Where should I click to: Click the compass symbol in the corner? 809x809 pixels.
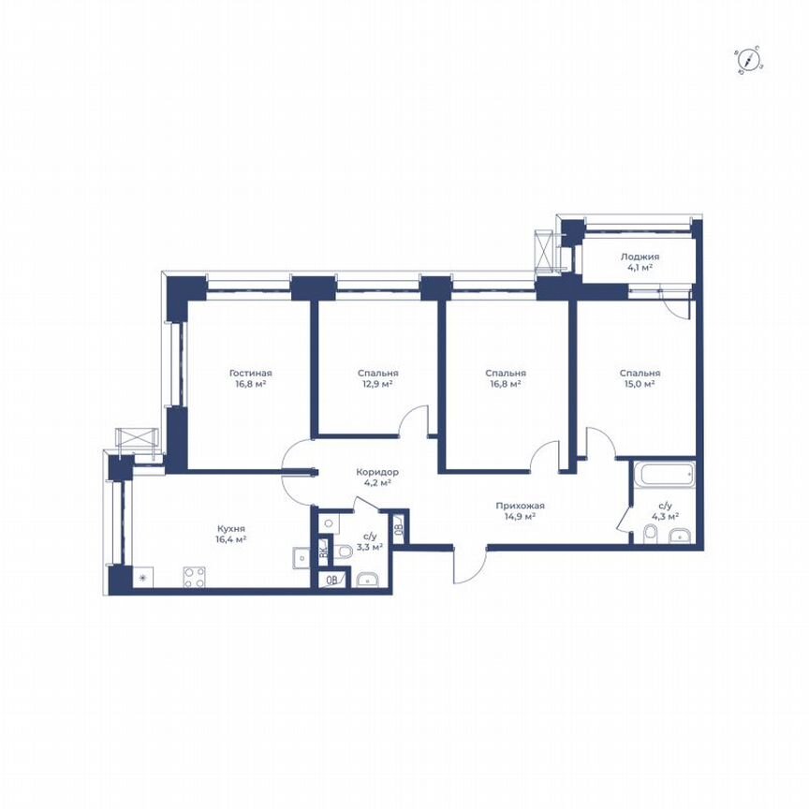click(x=749, y=62)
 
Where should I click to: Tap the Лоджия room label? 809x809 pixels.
click(x=640, y=257)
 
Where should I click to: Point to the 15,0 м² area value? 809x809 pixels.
click(x=640, y=384)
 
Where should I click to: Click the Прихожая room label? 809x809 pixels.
click(x=520, y=507)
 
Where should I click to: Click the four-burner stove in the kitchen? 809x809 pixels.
click(x=194, y=577)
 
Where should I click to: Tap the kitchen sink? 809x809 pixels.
click(x=302, y=557)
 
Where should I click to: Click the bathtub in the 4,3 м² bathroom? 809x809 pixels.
click(x=664, y=474)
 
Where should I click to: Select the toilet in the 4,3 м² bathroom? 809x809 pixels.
click(x=650, y=535)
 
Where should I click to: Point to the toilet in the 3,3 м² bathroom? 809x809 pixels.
click(x=344, y=552)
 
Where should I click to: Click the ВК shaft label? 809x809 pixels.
click(x=323, y=551)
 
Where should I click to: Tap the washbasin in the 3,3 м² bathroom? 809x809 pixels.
click(x=367, y=580)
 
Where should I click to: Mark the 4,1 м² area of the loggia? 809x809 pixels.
click(x=640, y=268)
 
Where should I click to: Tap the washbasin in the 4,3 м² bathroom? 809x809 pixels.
click(x=680, y=536)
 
